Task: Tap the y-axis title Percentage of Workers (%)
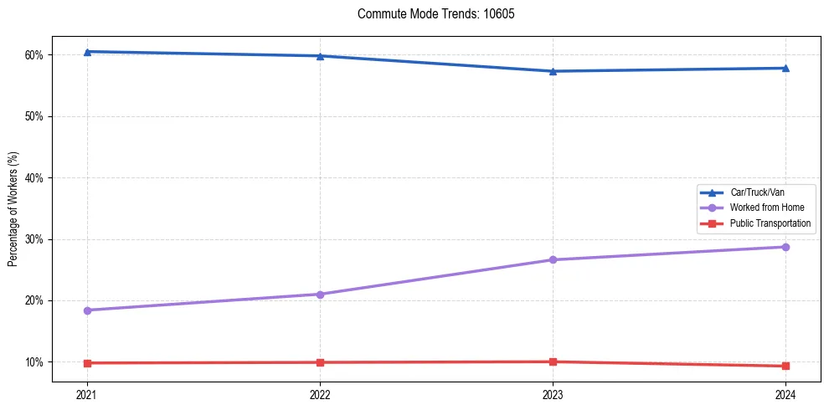point(13,208)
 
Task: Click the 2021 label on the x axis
point(87,394)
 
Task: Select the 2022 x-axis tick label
point(320,394)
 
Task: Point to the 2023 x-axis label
point(553,394)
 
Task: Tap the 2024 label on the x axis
point(785,394)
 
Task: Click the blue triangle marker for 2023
point(553,71)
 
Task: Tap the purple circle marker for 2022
point(320,294)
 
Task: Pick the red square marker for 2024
point(785,366)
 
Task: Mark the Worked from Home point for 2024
point(785,247)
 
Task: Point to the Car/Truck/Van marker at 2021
point(87,52)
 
